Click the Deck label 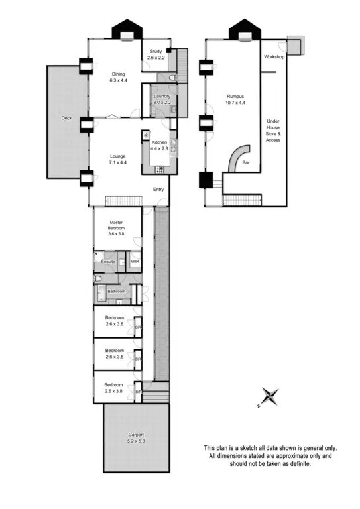(66, 118)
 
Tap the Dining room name (118, 74)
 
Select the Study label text (156, 51)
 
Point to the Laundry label (162, 97)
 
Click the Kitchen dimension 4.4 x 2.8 (160, 149)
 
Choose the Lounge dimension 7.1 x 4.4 (118, 162)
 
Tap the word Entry (158, 190)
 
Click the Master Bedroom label (117, 225)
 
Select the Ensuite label (108, 262)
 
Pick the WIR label (135, 262)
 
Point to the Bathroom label (117, 290)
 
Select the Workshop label (273, 57)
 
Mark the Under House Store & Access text (273, 131)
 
